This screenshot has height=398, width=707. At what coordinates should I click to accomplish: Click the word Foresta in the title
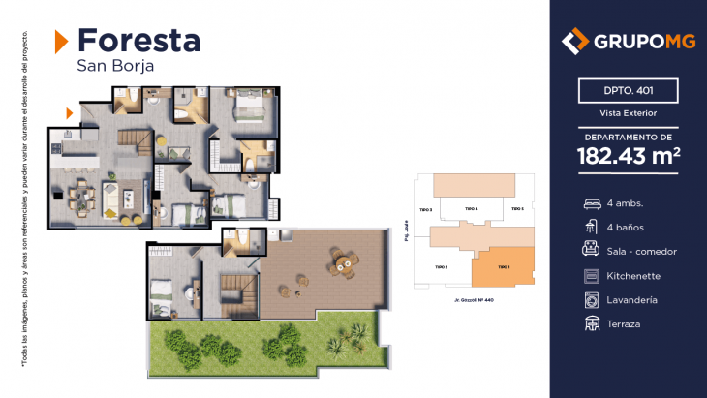(138, 41)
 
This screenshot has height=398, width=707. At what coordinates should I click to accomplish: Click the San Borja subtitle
(114, 67)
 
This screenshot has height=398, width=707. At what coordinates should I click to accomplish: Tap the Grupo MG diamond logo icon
(575, 41)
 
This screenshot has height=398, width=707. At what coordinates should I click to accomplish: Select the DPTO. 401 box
(629, 92)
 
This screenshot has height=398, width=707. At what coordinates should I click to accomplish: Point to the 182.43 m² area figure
(628, 156)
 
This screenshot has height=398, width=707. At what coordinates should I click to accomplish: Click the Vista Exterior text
(629, 114)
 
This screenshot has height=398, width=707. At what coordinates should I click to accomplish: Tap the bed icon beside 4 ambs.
(591, 204)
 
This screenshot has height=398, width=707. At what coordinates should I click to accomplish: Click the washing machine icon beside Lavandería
(591, 299)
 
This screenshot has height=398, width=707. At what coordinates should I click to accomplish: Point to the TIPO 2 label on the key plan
(441, 266)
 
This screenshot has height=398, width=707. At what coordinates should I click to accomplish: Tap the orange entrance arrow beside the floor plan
(69, 113)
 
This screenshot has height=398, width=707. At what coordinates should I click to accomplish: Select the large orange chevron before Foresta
(61, 41)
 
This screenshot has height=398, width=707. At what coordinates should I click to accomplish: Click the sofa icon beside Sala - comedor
(591, 252)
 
